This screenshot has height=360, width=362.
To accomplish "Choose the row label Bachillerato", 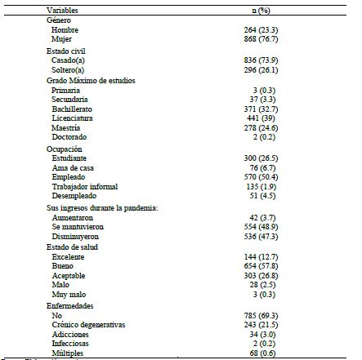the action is [x=71, y=107].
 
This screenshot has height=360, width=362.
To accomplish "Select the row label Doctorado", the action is [x=67, y=136].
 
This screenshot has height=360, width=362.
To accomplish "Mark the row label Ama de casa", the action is [x=69, y=166].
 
